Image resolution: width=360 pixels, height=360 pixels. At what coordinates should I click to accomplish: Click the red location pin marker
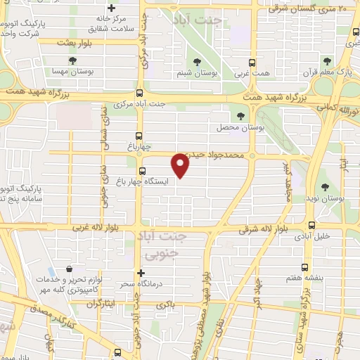(x=181, y=165)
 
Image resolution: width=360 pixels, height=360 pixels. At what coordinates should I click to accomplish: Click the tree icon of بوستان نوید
(x=326, y=186)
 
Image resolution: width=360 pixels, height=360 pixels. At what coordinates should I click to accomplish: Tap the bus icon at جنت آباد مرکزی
(x=139, y=93)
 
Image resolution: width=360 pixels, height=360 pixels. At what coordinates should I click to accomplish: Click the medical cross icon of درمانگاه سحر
(x=141, y=272)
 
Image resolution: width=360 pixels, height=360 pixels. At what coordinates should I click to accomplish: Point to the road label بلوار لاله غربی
(x=101, y=229)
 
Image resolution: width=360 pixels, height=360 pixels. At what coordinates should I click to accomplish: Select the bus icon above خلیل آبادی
(x=311, y=225)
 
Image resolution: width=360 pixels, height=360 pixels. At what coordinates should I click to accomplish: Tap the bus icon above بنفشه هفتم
(x=304, y=266)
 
